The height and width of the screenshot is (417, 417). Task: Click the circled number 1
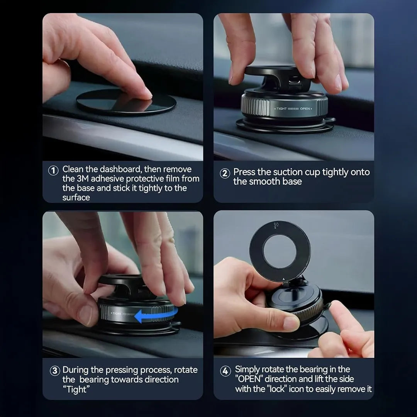point(53,170)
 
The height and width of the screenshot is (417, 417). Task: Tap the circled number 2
point(225,173)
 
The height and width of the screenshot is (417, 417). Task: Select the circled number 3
point(55,371)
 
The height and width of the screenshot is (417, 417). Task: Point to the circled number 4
point(225,371)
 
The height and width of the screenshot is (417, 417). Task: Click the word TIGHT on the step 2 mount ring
point(281,109)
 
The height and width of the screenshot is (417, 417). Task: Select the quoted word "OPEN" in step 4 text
point(249,379)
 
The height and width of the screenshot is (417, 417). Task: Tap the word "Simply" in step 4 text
point(247,370)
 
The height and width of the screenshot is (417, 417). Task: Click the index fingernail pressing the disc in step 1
point(147,92)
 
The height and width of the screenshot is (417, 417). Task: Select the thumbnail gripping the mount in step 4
point(291,323)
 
